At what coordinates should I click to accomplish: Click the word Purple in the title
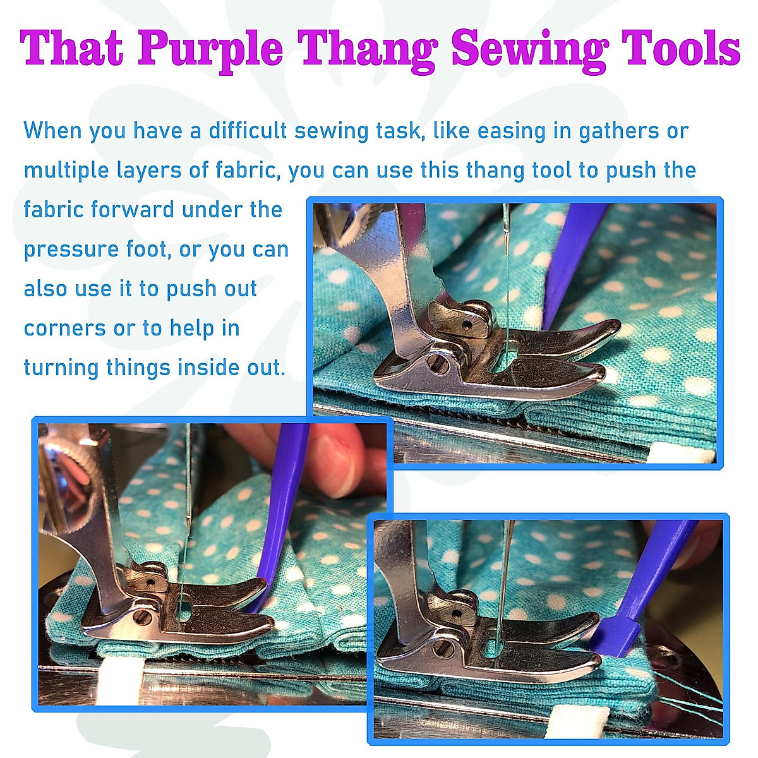[211, 49]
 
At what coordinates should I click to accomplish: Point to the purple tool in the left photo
[278, 524]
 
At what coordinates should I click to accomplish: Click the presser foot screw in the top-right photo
[436, 363]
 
